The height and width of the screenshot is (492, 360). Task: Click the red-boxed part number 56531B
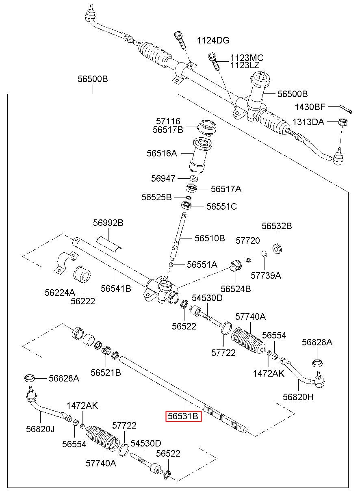(183, 416)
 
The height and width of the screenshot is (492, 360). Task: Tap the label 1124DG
(213, 40)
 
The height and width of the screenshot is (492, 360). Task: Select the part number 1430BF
(310, 107)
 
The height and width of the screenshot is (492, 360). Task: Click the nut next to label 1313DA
(342, 121)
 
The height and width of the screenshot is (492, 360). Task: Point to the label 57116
(168, 121)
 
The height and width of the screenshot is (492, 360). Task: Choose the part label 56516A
(162, 154)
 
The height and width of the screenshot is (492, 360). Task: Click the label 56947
(163, 178)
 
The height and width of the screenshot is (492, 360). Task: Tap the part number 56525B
(156, 197)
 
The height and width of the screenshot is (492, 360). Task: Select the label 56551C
(221, 206)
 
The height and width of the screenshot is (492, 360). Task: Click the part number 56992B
(108, 223)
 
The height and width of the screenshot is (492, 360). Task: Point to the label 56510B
(209, 238)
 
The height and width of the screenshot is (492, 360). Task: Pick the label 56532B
(277, 226)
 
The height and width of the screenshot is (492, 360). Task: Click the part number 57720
(248, 241)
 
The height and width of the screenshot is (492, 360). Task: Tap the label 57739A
(266, 275)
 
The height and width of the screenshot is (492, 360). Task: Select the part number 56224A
(60, 292)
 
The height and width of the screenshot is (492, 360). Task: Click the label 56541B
(116, 289)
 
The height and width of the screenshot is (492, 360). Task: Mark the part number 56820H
(299, 397)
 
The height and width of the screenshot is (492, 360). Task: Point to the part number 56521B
(106, 372)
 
